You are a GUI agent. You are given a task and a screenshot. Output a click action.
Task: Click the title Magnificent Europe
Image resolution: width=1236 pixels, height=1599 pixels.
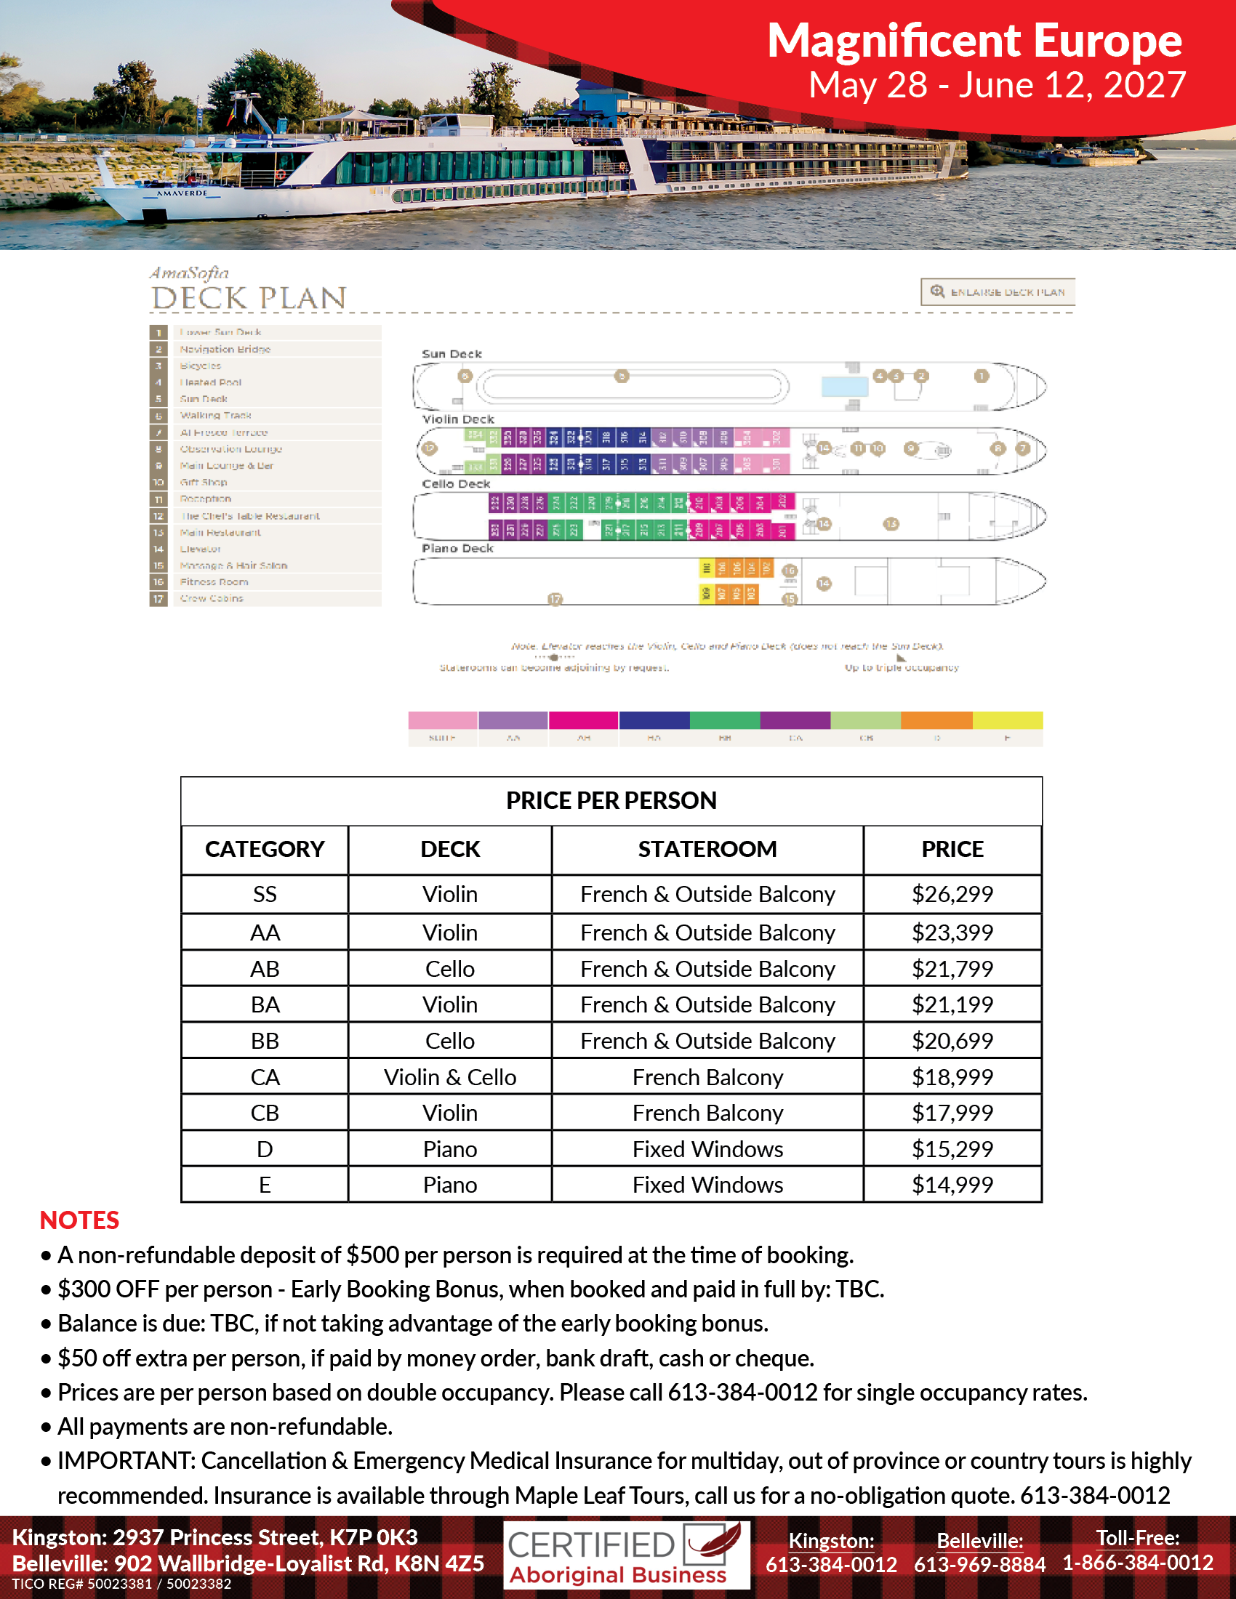[x=974, y=40]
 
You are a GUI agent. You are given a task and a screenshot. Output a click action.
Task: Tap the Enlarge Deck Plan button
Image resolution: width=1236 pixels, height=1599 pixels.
[x=998, y=291]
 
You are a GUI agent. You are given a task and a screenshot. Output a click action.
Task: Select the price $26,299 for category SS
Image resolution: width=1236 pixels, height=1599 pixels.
[x=952, y=894]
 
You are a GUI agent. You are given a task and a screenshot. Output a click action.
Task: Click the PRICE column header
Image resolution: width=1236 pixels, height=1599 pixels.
[x=952, y=848]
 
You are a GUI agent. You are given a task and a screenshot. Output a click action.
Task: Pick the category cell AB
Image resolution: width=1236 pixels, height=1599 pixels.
[x=265, y=969]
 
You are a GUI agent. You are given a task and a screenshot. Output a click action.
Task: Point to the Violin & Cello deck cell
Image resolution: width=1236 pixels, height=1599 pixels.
[x=449, y=1077]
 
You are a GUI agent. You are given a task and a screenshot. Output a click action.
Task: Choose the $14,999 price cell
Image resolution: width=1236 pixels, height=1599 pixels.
[x=952, y=1185]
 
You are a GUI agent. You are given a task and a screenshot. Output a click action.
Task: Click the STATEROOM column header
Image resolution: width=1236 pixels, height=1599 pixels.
[x=707, y=848]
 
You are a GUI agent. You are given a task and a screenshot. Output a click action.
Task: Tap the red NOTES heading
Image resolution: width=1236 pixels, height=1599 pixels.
[x=79, y=1220]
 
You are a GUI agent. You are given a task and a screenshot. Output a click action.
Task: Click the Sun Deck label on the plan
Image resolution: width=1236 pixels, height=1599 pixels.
[x=452, y=354]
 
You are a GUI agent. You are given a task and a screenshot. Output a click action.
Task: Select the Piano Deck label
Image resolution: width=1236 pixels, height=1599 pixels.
[x=457, y=548]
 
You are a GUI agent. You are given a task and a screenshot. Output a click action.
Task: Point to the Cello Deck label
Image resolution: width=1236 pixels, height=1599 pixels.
[x=456, y=484]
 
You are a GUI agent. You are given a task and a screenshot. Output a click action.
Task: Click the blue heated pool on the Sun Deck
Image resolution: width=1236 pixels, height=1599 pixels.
[x=844, y=386]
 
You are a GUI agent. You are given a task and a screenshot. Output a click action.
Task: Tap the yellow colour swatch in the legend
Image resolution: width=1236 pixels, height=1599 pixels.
[x=1008, y=720]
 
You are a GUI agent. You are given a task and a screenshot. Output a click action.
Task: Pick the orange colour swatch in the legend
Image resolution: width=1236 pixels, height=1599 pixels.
[x=936, y=720]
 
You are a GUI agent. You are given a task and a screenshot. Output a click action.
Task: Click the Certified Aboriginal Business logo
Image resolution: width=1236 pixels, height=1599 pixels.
[x=626, y=1556]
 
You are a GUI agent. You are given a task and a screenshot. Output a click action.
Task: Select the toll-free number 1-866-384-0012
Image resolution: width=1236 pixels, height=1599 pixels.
[x=1137, y=1563]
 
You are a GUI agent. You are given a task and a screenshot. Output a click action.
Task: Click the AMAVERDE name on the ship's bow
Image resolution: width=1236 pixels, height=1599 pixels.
[x=182, y=193]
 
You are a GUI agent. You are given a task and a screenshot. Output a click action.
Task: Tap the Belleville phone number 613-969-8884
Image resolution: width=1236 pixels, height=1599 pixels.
[x=979, y=1565]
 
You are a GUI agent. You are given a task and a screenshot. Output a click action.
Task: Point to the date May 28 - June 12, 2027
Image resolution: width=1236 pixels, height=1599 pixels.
[x=997, y=85]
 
